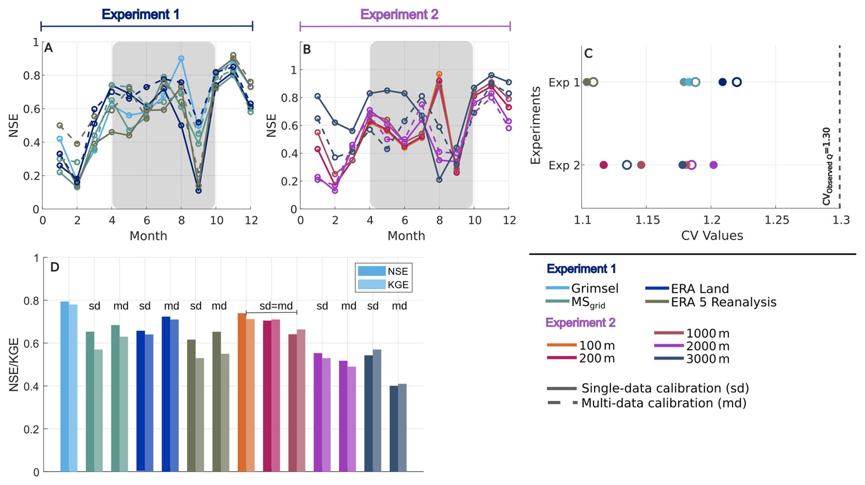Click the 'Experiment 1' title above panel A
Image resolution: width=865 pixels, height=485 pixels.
pyautogui.click(x=140, y=15)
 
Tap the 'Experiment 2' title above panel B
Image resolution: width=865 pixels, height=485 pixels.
pyautogui.click(x=399, y=15)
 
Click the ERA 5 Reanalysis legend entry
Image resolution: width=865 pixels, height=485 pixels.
pyautogui.click(x=723, y=302)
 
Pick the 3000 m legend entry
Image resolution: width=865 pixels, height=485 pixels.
pyautogui.click(x=707, y=359)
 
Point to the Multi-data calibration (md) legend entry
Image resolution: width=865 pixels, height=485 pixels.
pyautogui.click(x=663, y=403)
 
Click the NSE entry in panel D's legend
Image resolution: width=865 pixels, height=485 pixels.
pyautogui.click(x=397, y=271)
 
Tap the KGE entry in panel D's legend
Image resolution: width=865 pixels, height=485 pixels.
pyautogui.click(x=397, y=285)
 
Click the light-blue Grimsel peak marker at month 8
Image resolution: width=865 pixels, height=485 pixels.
pyautogui.click(x=182, y=59)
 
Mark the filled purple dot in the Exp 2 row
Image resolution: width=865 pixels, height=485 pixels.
pyautogui.click(x=714, y=165)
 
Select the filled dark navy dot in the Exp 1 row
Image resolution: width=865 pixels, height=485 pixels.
pyautogui.click(x=722, y=82)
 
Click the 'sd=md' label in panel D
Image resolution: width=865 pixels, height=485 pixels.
pyautogui.click(x=276, y=306)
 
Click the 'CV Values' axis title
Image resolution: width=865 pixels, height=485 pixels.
pyautogui.click(x=712, y=236)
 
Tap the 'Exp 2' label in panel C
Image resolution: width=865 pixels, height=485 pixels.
pyautogui.click(x=564, y=165)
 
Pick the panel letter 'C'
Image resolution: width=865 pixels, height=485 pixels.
pyautogui.click(x=588, y=54)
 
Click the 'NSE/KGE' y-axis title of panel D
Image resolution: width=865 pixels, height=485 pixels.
pyautogui.click(x=14, y=364)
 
